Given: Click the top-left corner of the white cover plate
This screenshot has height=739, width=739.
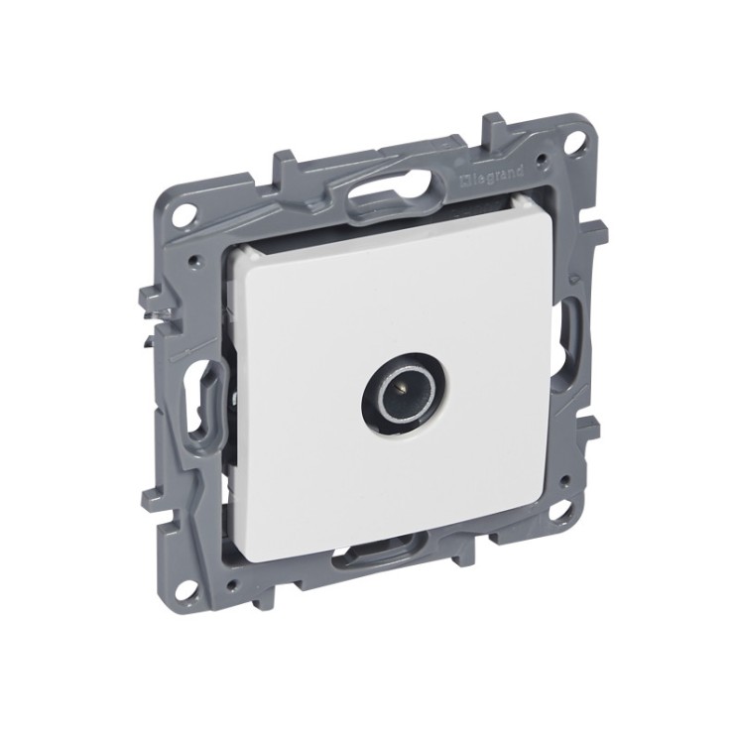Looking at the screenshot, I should pos(236,253).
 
